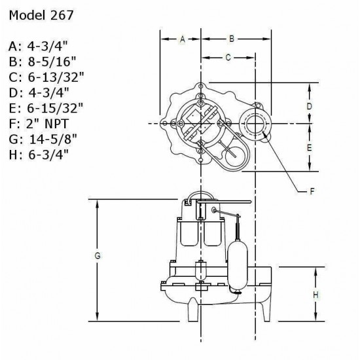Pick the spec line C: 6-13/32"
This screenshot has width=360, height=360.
46,77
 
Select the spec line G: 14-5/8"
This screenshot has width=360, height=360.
45,138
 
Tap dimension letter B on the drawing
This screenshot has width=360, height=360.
231,39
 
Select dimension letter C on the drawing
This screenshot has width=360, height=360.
227,58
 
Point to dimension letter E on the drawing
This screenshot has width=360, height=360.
310,148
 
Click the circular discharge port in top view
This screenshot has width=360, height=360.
254,123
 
